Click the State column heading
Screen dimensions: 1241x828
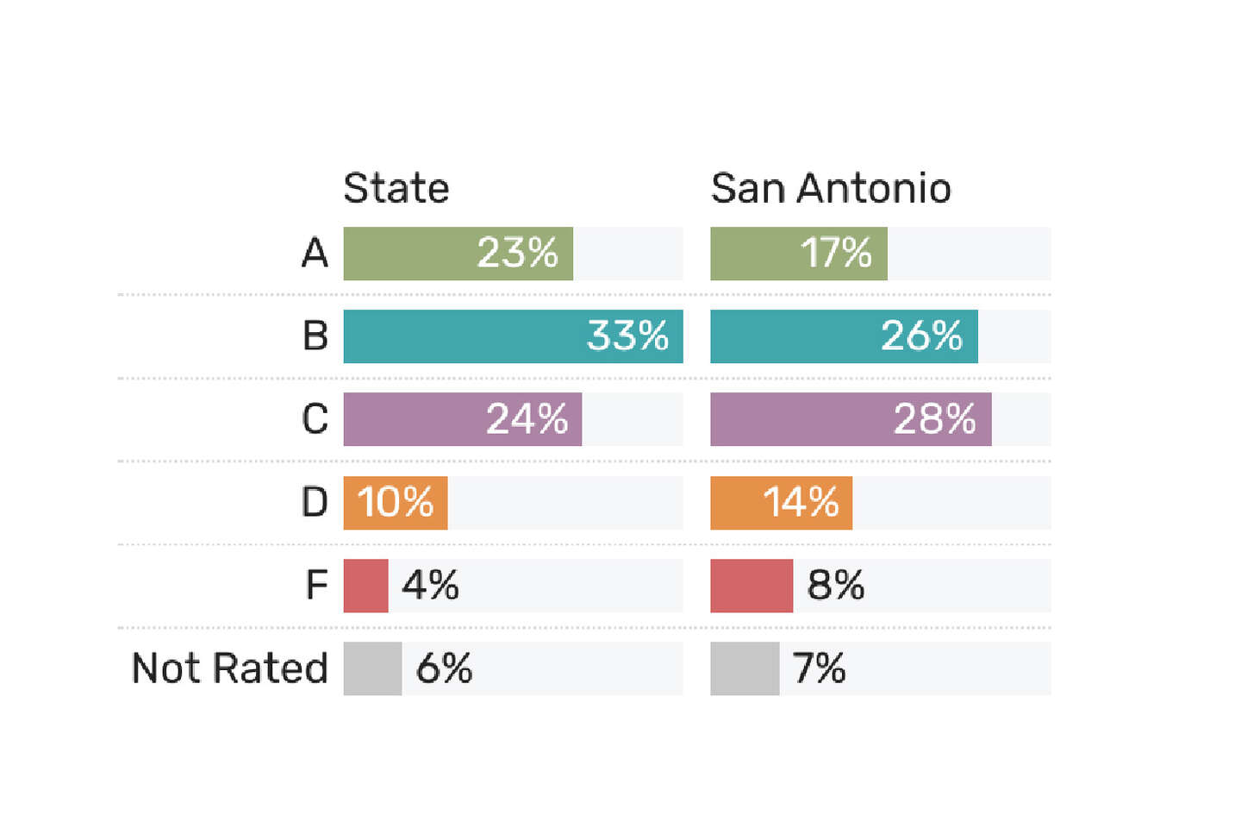click(396, 189)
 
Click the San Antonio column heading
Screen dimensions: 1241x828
click(831, 189)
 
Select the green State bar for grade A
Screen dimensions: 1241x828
click(458, 254)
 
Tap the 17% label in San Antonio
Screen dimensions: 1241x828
click(836, 253)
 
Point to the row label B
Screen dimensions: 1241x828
click(315, 336)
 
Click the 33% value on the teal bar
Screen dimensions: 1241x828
click(627, 336)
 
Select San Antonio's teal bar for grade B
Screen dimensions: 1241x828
click(845, 336)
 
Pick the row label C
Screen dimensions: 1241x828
click(315, 418)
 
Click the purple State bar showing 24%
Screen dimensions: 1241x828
click(463, 419)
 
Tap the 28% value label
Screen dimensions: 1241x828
click(934, 419)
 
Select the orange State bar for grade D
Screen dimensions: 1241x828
click(396, 503)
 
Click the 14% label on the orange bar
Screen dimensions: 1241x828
click(801, 503)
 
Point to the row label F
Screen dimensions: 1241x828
click(317, 585)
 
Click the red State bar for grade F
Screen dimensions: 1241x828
click(365, 586)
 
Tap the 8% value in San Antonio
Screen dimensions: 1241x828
click(835, 585)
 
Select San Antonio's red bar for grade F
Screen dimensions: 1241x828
click(751, 586)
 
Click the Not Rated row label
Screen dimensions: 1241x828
click(230, 668)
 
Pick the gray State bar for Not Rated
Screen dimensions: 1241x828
click(373, 668)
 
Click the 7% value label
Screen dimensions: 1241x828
click(820, 668)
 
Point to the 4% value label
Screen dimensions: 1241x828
click(431, 585)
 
